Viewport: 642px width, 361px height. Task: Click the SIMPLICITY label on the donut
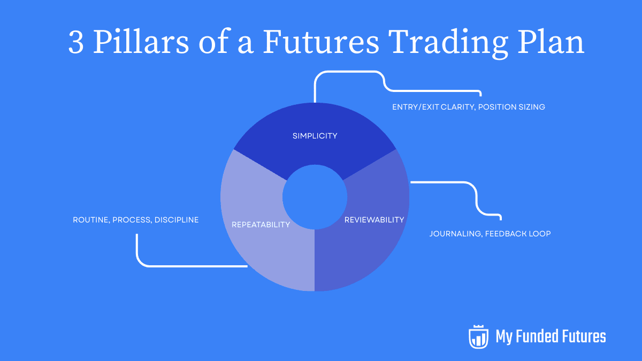(315, 136)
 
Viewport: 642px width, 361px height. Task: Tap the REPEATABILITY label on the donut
(261, 225)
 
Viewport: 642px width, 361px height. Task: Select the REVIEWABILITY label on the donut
(374, 220)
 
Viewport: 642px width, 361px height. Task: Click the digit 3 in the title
(76, 43)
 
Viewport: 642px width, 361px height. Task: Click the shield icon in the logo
(478, 336)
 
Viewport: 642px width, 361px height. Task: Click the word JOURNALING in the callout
(455, 234)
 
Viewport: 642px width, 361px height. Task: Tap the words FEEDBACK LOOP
(518, 234)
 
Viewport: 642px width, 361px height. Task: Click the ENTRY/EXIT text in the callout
(414, 107)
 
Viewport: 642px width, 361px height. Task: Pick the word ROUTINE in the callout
(90, 220)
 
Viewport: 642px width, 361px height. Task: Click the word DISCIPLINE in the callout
(177, 220)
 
